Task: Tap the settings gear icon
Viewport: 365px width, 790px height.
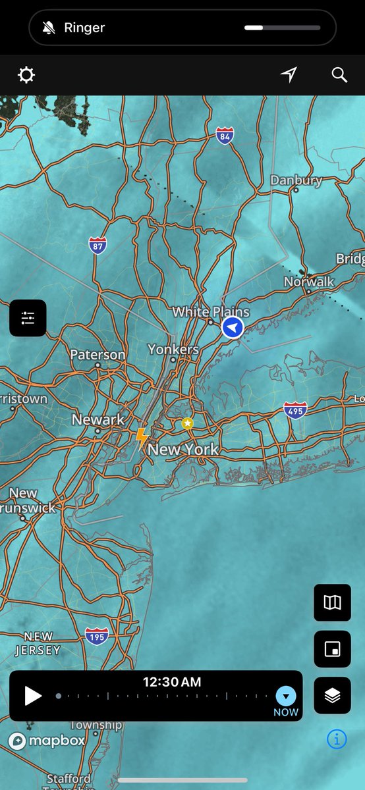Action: coord(26,75)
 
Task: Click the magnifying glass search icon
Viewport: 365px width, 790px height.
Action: coord(339,75)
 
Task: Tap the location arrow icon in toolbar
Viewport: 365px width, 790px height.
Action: coord(289,75)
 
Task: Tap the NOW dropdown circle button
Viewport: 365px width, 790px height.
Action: coord(286,696)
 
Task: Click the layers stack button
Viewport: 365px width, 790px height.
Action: coord(333,695)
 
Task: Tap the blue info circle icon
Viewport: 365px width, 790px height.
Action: coord(336,739)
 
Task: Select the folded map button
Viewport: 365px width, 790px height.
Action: coord(333,602)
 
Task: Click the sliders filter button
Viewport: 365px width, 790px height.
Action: coord(28,318)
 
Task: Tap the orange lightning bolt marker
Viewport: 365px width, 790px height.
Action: coord(141,437)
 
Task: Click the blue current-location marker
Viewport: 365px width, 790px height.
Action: coord(233,327)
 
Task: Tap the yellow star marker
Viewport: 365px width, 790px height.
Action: coord(188,423)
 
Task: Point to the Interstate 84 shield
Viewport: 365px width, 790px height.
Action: coord(225,136)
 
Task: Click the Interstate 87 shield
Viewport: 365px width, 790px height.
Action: coord(98,246)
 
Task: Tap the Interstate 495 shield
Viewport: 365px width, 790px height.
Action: coord(295,410)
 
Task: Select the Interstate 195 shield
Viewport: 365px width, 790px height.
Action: coord(96,636)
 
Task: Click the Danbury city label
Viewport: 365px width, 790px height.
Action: coord(296,180)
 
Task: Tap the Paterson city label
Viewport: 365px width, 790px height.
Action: coord(98,355)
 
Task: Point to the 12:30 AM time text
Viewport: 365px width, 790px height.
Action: coord(172,682)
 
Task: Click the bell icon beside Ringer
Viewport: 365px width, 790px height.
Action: coord(48,28)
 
